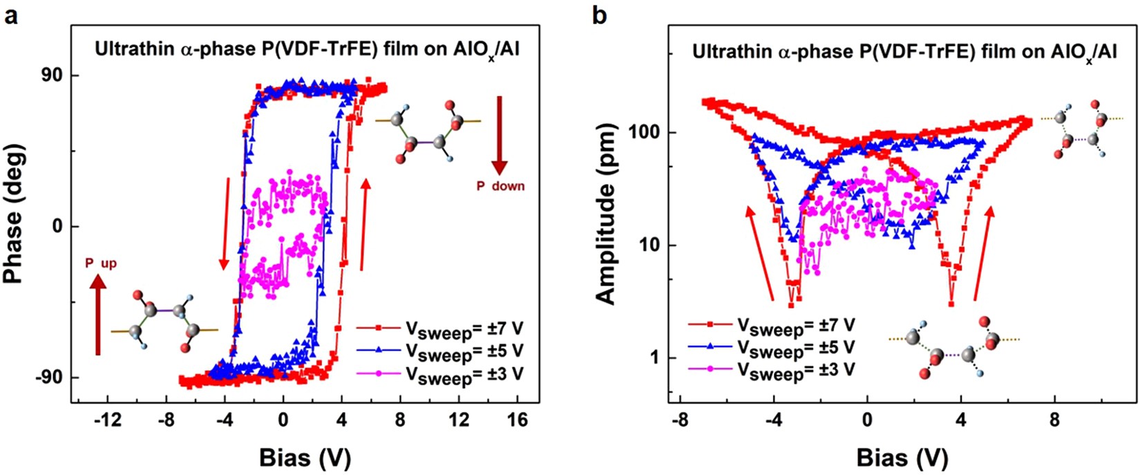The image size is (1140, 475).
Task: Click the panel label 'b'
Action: coord(600,14)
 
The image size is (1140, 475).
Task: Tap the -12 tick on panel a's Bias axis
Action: coord(108,419)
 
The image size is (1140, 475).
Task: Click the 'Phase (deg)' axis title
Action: coord(16,214)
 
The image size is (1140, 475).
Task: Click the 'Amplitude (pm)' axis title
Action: coord(606,214)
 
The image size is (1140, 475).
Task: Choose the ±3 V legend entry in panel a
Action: coord(440,374)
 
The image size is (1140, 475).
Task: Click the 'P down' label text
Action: coord(500,186)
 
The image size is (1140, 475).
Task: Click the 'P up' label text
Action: coord(101,263)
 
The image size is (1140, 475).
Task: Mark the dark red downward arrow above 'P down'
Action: coord(500,135)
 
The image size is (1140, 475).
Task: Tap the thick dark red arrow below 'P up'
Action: coord(97,315)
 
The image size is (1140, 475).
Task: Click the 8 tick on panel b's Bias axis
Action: coord(1054,419)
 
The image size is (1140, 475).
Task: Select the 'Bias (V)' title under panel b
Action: coord(902,457)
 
